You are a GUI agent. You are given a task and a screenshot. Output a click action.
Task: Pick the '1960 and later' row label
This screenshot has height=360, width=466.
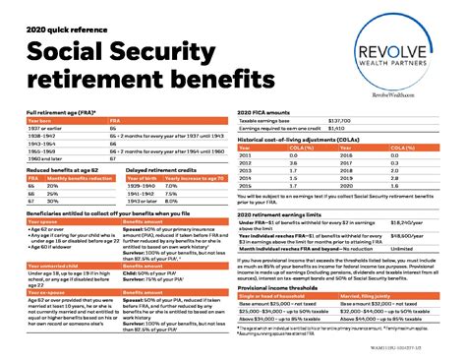[x=29, y=159]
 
